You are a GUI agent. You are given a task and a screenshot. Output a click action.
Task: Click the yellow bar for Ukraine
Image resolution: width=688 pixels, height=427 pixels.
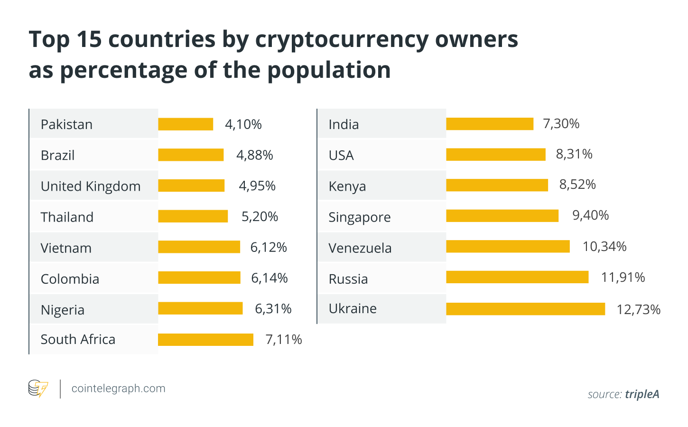[525, 309]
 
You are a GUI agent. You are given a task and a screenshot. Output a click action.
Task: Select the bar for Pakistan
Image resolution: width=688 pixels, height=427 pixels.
[186, 124]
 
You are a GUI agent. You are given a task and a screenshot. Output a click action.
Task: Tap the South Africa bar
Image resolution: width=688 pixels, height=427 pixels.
[205, 340]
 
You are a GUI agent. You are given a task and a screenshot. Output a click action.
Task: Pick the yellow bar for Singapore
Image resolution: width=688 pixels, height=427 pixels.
[502, 216]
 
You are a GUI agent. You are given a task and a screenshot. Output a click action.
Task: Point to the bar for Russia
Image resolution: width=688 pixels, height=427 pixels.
[517, 277]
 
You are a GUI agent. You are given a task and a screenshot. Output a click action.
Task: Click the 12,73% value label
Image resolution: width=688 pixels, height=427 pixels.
[638, 310]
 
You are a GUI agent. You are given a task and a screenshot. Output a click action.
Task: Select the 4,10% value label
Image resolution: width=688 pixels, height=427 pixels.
[243, 124]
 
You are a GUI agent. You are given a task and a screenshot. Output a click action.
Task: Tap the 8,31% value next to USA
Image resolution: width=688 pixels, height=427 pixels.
[574, 154]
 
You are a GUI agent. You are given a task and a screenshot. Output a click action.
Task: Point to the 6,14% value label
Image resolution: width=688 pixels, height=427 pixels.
[269, 278]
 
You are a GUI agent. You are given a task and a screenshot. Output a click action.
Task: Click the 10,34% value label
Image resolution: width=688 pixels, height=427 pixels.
[604, 247]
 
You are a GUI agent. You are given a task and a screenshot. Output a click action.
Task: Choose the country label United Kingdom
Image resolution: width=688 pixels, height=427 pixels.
[91, 186]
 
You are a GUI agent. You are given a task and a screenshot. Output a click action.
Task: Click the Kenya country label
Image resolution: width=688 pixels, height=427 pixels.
[347, 186]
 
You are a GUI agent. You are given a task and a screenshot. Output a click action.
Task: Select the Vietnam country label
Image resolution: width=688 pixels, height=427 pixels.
[66, 248]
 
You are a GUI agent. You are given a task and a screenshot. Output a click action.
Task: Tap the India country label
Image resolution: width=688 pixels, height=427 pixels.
[344, 124]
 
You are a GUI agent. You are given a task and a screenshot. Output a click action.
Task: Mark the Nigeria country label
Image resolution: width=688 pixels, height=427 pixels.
[63, 310]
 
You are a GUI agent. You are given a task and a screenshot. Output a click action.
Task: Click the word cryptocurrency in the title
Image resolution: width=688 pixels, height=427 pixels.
[342, 39]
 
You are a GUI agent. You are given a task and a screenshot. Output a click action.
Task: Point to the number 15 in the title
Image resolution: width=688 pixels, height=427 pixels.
[89, 39]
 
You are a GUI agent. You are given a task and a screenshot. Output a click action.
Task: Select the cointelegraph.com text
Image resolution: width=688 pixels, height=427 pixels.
[118, 389]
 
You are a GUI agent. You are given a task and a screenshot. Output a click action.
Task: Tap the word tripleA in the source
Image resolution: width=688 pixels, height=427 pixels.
[642, 394]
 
